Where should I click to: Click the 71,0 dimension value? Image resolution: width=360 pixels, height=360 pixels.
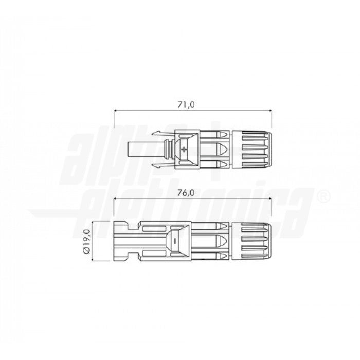point(186,105)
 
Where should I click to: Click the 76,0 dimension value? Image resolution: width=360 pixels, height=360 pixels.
point(186,193)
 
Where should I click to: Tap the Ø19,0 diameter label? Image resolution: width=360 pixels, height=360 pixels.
point(87,241)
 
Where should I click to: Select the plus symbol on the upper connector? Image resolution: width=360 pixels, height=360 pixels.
point(184,149)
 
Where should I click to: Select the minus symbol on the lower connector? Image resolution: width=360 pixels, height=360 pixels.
point(175,241)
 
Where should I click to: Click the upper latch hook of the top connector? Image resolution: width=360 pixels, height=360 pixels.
point(164,133)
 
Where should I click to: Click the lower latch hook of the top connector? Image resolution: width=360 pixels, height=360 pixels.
point(164,166)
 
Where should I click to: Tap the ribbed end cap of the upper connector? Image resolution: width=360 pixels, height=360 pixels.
point(252,150)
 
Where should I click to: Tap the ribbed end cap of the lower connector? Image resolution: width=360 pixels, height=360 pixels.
point(252,241)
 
